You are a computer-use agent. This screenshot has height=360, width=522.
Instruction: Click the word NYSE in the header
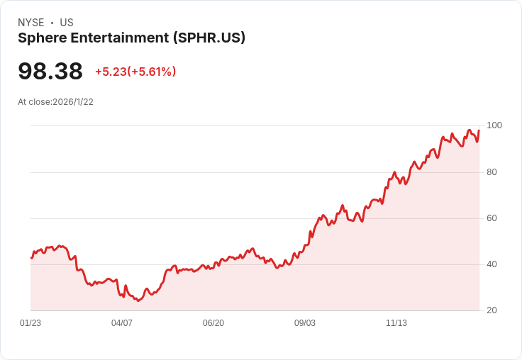(30, 23)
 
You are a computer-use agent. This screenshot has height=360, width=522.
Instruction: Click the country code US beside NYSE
(67, 23)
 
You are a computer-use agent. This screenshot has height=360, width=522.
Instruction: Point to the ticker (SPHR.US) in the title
(209, 38)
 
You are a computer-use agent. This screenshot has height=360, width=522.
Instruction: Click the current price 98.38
(50, 71)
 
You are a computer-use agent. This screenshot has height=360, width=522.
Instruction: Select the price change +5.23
(110, 72)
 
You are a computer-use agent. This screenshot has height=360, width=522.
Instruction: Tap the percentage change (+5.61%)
(152, 72)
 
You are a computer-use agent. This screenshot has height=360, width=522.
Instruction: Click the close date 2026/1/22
(73, 102)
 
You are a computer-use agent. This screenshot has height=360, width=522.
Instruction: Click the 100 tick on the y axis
(494, 125)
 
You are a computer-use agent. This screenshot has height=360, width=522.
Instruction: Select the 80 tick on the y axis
(492, 172)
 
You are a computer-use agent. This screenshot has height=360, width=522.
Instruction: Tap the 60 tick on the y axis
(492, 218)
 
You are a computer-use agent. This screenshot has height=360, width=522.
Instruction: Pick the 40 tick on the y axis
(492, 264)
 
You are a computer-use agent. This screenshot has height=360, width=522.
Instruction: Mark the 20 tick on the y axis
(492, 310)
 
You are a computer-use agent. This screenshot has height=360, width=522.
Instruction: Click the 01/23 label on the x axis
(30, 323)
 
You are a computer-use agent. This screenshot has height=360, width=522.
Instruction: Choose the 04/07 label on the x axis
(122, 323)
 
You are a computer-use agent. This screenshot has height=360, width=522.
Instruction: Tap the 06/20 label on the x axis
(213, 323)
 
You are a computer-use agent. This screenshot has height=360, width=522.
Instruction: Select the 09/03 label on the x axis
(305, 323)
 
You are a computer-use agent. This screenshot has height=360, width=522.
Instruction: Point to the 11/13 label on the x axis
(396, 323)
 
